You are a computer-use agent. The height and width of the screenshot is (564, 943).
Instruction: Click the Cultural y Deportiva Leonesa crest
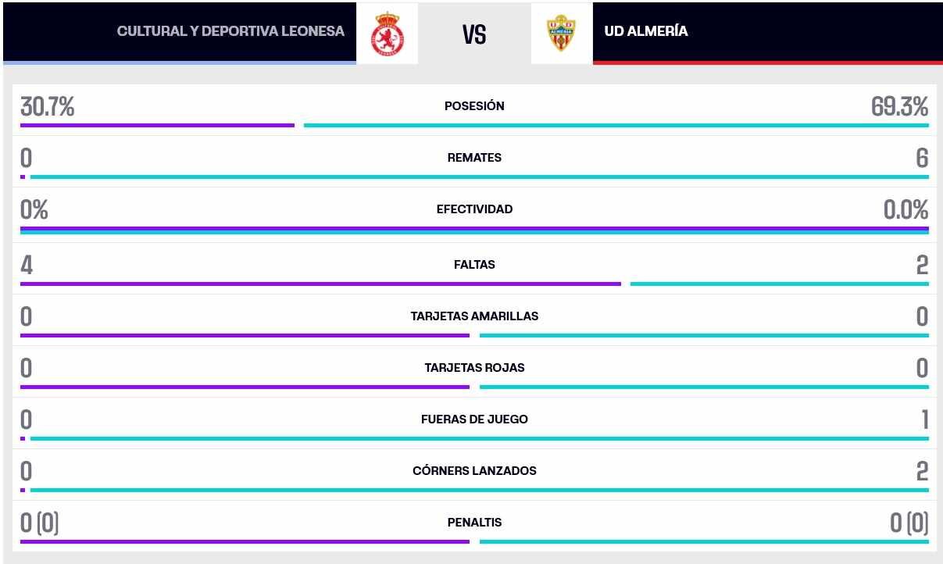[387, 33]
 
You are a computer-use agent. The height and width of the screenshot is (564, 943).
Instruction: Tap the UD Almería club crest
[561, 33]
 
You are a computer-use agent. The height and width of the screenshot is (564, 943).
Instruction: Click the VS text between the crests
[474, 34]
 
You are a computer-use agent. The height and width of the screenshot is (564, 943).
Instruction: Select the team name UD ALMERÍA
[646, 31]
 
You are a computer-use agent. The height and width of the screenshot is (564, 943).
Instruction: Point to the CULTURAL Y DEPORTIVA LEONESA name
[230, 31]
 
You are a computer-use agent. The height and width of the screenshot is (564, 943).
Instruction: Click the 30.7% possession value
[48, 107]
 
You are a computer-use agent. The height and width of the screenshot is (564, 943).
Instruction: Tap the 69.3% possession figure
[899, 107]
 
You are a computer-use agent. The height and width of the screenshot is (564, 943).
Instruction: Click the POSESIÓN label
[474, 106]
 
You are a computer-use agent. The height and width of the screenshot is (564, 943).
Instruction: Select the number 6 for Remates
[922, 159]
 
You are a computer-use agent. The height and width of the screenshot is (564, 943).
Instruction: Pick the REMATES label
[474, 158]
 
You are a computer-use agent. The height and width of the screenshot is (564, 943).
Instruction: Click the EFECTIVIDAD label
[474, 209]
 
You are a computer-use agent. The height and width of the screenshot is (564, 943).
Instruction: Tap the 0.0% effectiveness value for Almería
[905, 210]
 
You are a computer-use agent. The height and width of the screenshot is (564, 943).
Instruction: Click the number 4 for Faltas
[27, 266]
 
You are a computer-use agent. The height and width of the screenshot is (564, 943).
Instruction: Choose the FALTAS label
[474, 265]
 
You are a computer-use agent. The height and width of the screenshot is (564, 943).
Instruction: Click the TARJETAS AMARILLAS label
[474, 316]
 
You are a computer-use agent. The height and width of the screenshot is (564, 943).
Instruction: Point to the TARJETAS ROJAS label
[474, 368]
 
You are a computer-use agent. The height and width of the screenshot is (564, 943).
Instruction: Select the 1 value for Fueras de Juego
[924, 420]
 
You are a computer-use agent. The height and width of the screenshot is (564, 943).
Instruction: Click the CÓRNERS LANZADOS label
[474, 471]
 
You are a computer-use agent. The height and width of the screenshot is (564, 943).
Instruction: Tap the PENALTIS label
[474, 523]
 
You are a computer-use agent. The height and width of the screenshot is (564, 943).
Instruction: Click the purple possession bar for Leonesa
[157, 125]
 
